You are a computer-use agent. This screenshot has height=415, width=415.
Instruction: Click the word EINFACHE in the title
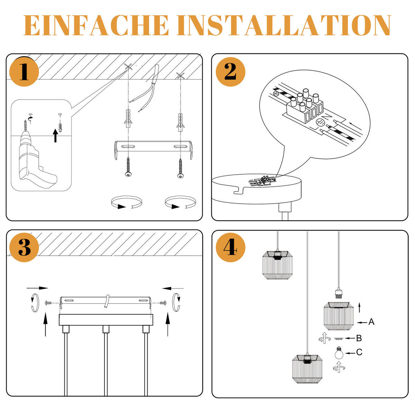pyautogui.click(x=96, y=26)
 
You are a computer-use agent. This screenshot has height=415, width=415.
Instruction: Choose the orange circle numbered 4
pyautogui.click(x=231, y=248)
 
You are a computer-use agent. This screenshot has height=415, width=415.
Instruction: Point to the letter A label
pyautogui.click(x=371, y=322)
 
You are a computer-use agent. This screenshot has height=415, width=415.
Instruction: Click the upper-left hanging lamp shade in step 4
pyautogui.click(x=278, y=265)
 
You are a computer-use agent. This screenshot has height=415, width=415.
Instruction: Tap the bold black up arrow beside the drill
pyautogui.click(x=55, y=136)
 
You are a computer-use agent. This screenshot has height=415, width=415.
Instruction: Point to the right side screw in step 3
pyautogui.click(x=164, y=303)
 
